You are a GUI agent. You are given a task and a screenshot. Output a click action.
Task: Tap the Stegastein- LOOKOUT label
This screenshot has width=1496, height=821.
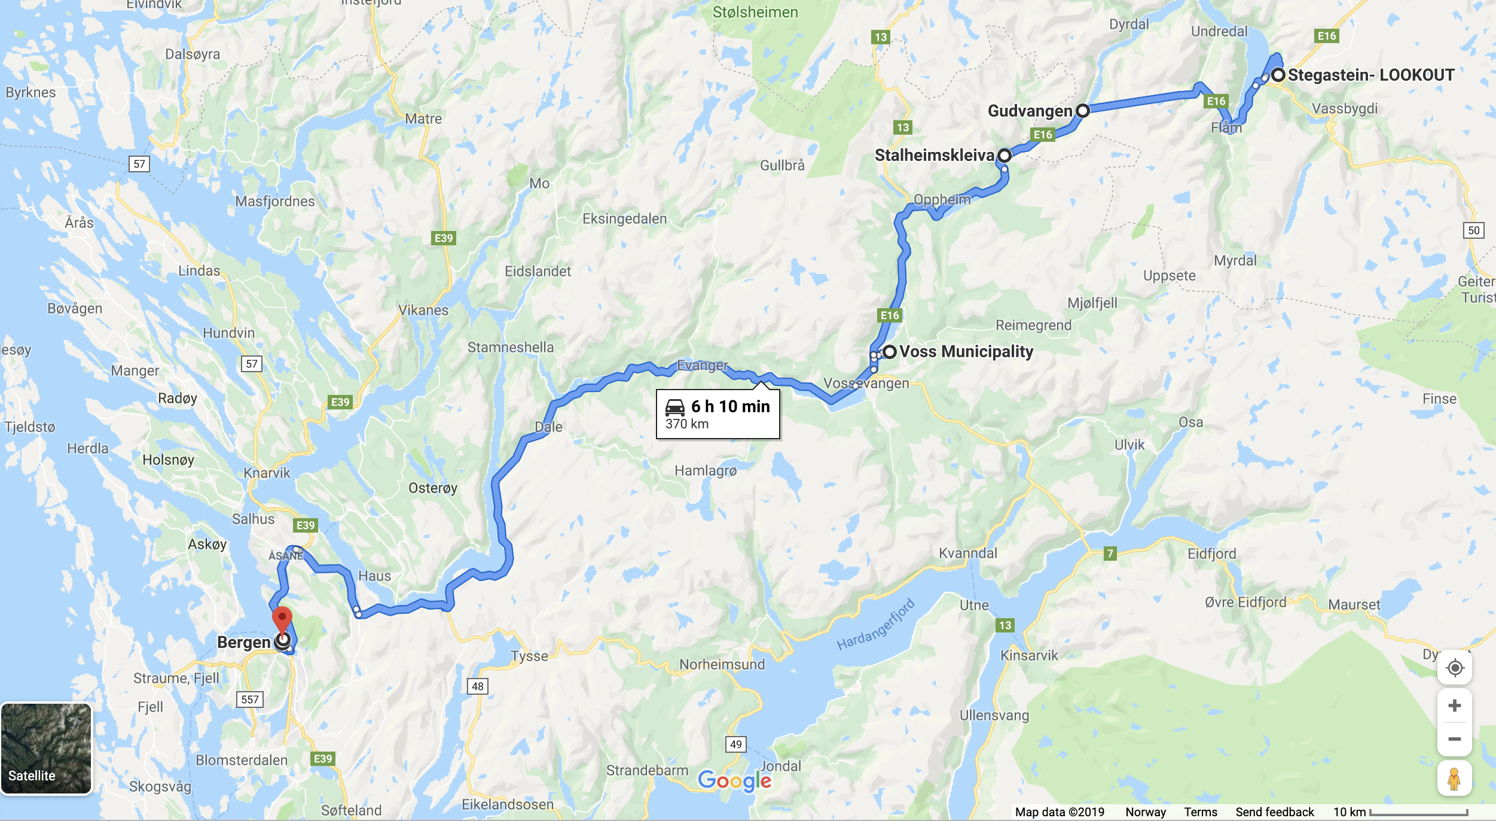click(x=1370, y=75)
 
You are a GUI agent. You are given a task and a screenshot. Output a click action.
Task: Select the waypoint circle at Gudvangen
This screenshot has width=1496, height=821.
click(x=1082, y=111)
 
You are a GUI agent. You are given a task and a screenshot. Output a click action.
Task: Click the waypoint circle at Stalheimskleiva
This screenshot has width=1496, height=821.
click(x=1005, y=156)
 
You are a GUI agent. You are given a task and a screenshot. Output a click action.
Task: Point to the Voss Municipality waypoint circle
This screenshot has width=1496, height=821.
click(x=890, y=352)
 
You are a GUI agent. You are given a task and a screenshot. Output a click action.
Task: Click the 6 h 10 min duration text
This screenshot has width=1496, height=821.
click(x=730, y=406)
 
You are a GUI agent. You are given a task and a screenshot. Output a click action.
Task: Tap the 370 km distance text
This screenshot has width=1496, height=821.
click(x=686, y=424)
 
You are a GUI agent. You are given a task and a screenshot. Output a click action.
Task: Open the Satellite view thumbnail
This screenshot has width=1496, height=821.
click(x=46, y=748)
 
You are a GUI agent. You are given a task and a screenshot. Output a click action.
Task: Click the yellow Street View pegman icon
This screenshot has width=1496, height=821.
click(x=1454, y=778)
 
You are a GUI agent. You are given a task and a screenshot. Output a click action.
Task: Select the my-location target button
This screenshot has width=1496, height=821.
click(x=1454, y=667)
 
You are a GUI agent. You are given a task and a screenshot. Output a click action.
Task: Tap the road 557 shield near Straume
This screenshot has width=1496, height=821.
click(x=250, y=700)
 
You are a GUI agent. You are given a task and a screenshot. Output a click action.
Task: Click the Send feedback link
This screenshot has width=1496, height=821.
click(x=1274, y=812)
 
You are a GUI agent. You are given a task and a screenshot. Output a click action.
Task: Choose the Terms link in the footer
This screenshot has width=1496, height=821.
click(x=1200, y=812)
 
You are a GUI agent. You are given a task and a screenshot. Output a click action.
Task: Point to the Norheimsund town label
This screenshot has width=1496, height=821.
click(x=722, y=664)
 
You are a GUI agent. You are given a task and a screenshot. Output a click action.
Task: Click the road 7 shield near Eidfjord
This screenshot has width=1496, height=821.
click(x=1110, y=554)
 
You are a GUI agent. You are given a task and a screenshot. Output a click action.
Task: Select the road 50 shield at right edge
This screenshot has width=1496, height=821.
click(x=1473, y=230)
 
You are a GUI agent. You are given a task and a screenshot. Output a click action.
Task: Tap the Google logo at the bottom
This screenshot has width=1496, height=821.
click(x=734, y=780)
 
